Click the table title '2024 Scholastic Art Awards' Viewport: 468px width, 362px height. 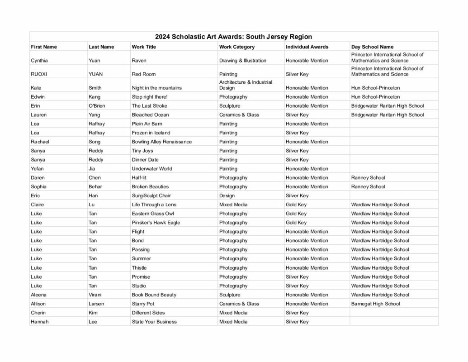(233, 37)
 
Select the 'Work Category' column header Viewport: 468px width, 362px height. (236, 47)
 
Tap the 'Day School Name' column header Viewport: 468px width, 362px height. (372, 47)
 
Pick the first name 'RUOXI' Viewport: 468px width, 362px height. (39, 74)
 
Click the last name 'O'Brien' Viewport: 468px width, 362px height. (97, 106)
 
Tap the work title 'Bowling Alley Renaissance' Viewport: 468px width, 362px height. (161, 142)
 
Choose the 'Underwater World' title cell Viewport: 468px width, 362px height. (152, 169)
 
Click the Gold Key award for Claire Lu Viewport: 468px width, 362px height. (296, 205)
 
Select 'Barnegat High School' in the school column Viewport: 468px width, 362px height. (375, 304)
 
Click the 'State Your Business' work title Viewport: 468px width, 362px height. (154, 322)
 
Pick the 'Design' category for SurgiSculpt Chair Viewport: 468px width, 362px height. (227, 195)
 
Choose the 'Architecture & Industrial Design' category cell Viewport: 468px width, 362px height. (246, 85)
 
